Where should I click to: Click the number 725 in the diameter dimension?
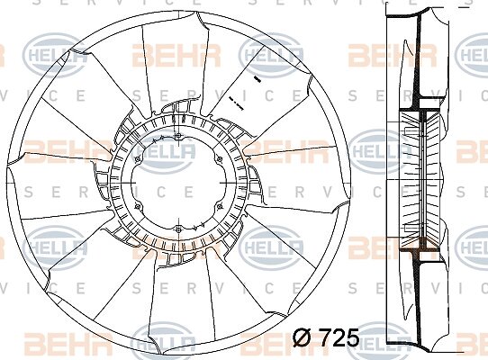coord(339,337)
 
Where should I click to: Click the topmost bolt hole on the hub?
coord(178,136)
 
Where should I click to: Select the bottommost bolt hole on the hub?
coord(178,229)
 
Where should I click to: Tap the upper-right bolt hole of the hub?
coord(220,159)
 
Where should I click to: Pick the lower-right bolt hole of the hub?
coord(220,206)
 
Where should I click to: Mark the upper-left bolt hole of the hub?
coord(138,159)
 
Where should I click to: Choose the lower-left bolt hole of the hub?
coord(138,206)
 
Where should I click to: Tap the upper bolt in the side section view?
coord(413,132)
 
